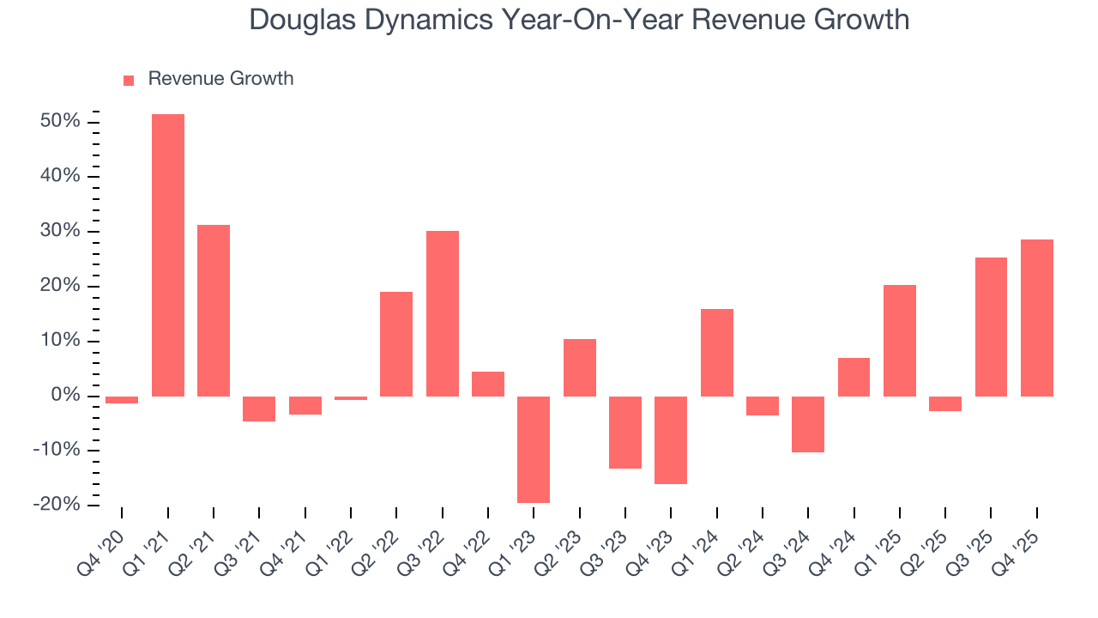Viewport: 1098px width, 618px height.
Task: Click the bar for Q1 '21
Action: tap(167, 255)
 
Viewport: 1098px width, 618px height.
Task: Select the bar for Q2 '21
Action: tap(214, 310)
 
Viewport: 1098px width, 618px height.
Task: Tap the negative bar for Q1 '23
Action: tap(534, 449)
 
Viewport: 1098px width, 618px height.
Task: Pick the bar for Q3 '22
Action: tap(443, 313)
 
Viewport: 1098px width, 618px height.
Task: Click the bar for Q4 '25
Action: tap(1036, 318)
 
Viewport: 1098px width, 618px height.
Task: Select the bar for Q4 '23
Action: tap(671, 439)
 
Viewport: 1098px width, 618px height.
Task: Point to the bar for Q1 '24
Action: tap(716, 352)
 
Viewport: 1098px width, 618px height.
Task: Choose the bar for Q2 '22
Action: tap(396, 343)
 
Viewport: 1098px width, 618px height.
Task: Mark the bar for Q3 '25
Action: tap(991, 326)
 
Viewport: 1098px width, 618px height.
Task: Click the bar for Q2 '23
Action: tap(579, 367)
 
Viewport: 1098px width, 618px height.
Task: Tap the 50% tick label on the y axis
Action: tap(60, 122)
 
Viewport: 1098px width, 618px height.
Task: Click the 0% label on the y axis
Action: tap(65, 396)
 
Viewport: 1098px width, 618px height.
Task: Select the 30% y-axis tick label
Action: tap(60, 232)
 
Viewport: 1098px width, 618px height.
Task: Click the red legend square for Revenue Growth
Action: tap(129, 80)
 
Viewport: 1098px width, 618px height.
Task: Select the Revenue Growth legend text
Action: tap(220, 79)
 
